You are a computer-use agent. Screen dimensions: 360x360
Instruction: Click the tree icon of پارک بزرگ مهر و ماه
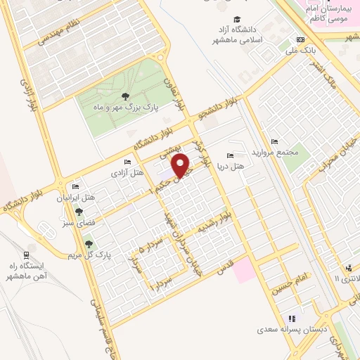pos(125,96)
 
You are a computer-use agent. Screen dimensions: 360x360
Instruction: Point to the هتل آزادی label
pos(127,172)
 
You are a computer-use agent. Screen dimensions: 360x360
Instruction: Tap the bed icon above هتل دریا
pos(230,155)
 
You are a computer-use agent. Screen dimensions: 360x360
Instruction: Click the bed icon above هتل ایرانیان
pos(75,187)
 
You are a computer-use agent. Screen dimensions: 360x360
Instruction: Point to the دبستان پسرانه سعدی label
pos(294,329)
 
